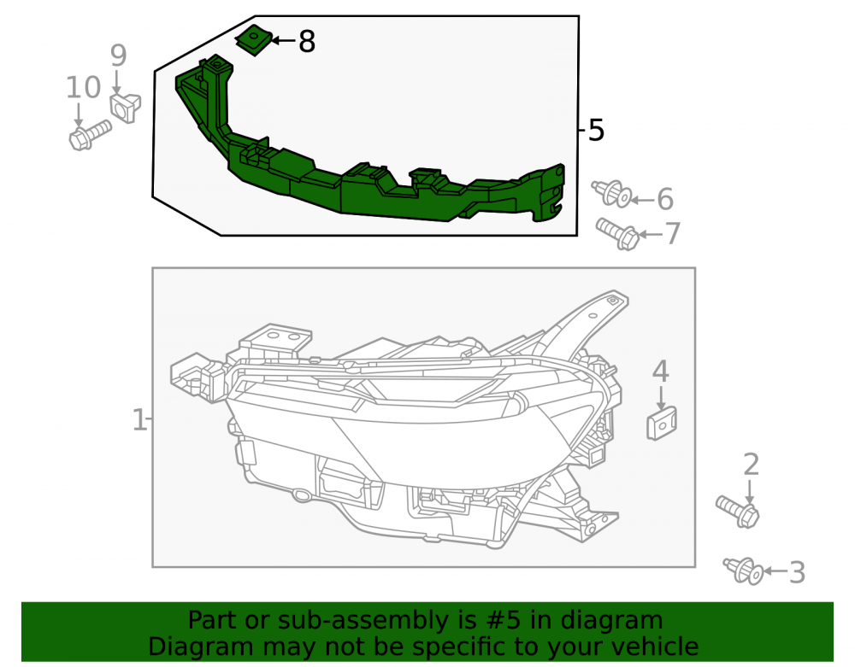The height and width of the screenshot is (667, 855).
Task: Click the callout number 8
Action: pos(307,41)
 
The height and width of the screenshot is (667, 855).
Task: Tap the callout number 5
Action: pos(597,132)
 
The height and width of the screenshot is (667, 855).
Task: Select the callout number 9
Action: pos(118,56)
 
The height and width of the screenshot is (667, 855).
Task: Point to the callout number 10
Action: pos(84,88)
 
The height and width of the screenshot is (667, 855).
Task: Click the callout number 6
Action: pos(665,199)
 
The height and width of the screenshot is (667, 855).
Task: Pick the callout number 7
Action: pos(673,234)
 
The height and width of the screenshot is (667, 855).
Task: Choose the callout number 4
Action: pos(661,372)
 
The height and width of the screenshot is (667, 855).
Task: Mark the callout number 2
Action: pos(751,465)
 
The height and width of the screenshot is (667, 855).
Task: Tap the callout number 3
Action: pos(797,573)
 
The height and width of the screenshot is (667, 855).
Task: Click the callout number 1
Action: pos(139,420)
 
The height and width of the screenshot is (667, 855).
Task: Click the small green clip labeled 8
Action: pos(254,40)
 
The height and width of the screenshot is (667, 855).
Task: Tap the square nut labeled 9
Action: pos(126,108)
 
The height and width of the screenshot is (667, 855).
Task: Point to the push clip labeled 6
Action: pos(612,194)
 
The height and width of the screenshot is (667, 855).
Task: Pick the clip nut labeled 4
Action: pos(662,424)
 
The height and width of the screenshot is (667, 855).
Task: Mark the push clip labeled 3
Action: pos(743,571)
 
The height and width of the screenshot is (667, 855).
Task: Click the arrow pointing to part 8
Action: pos(283,40)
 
